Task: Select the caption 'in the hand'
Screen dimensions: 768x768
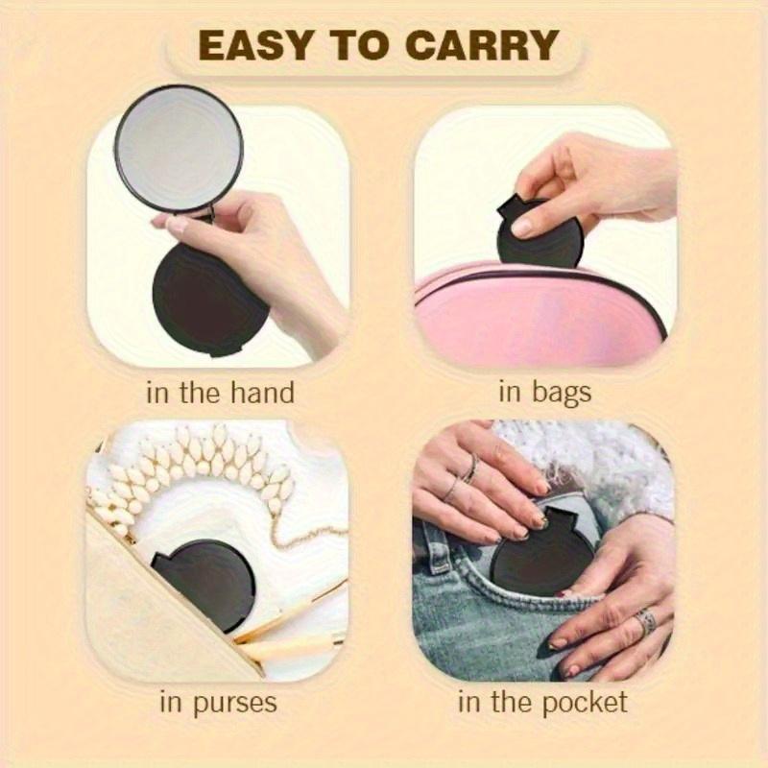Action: (x=220, y=392)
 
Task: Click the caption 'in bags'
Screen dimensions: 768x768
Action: (x=544, y=392)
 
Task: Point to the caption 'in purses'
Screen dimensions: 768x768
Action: (x=218, y=702)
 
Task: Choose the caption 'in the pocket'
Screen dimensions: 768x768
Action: (x=542, y=702)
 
